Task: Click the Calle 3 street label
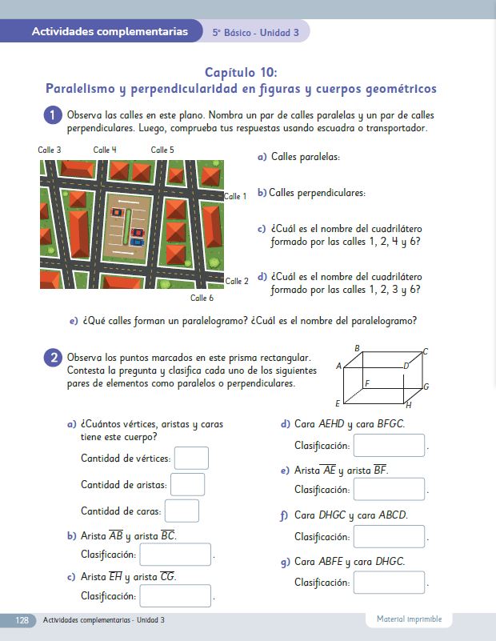[x=50, y=150]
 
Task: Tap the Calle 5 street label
[x=162, y=150]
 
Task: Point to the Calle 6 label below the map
[x=202, y=298]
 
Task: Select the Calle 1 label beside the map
[x=236, y=196]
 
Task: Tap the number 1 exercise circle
[x=53, y=116]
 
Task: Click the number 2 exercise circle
[x=53, y=358]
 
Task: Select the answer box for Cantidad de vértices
[x=191, y=458]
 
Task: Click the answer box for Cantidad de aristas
[x=188, y=484]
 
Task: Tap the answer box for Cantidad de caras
[x=182, y=511]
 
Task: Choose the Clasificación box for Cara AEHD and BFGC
[x=389, y=445]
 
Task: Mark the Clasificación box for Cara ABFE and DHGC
[x=389, y=583]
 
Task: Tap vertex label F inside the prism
[x=366, y=384]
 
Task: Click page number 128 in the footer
[x=22, y=620]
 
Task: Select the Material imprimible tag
[x=409, y=619]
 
